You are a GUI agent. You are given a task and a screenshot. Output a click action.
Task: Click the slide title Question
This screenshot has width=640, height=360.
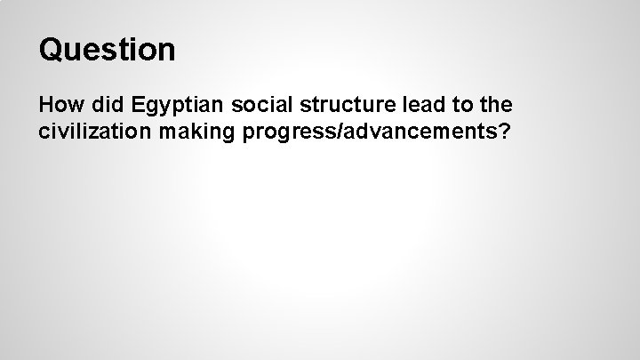point(107,51)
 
